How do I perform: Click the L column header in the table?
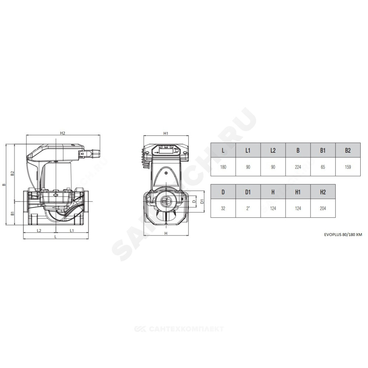click(x=223, y=150)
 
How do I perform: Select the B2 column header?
click(x=348, y=150)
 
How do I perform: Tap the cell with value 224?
click(x=298, y=167)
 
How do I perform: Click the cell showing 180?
click(x=223, y=167)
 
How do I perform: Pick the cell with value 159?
click(x=348, y=167)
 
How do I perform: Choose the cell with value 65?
click(x=323, y=167)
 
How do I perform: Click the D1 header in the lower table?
click(x=248, y=192)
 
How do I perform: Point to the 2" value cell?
click(x=248, y=208)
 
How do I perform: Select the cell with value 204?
click(x=323, y=208)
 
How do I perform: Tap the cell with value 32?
click(x=223, y=208)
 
